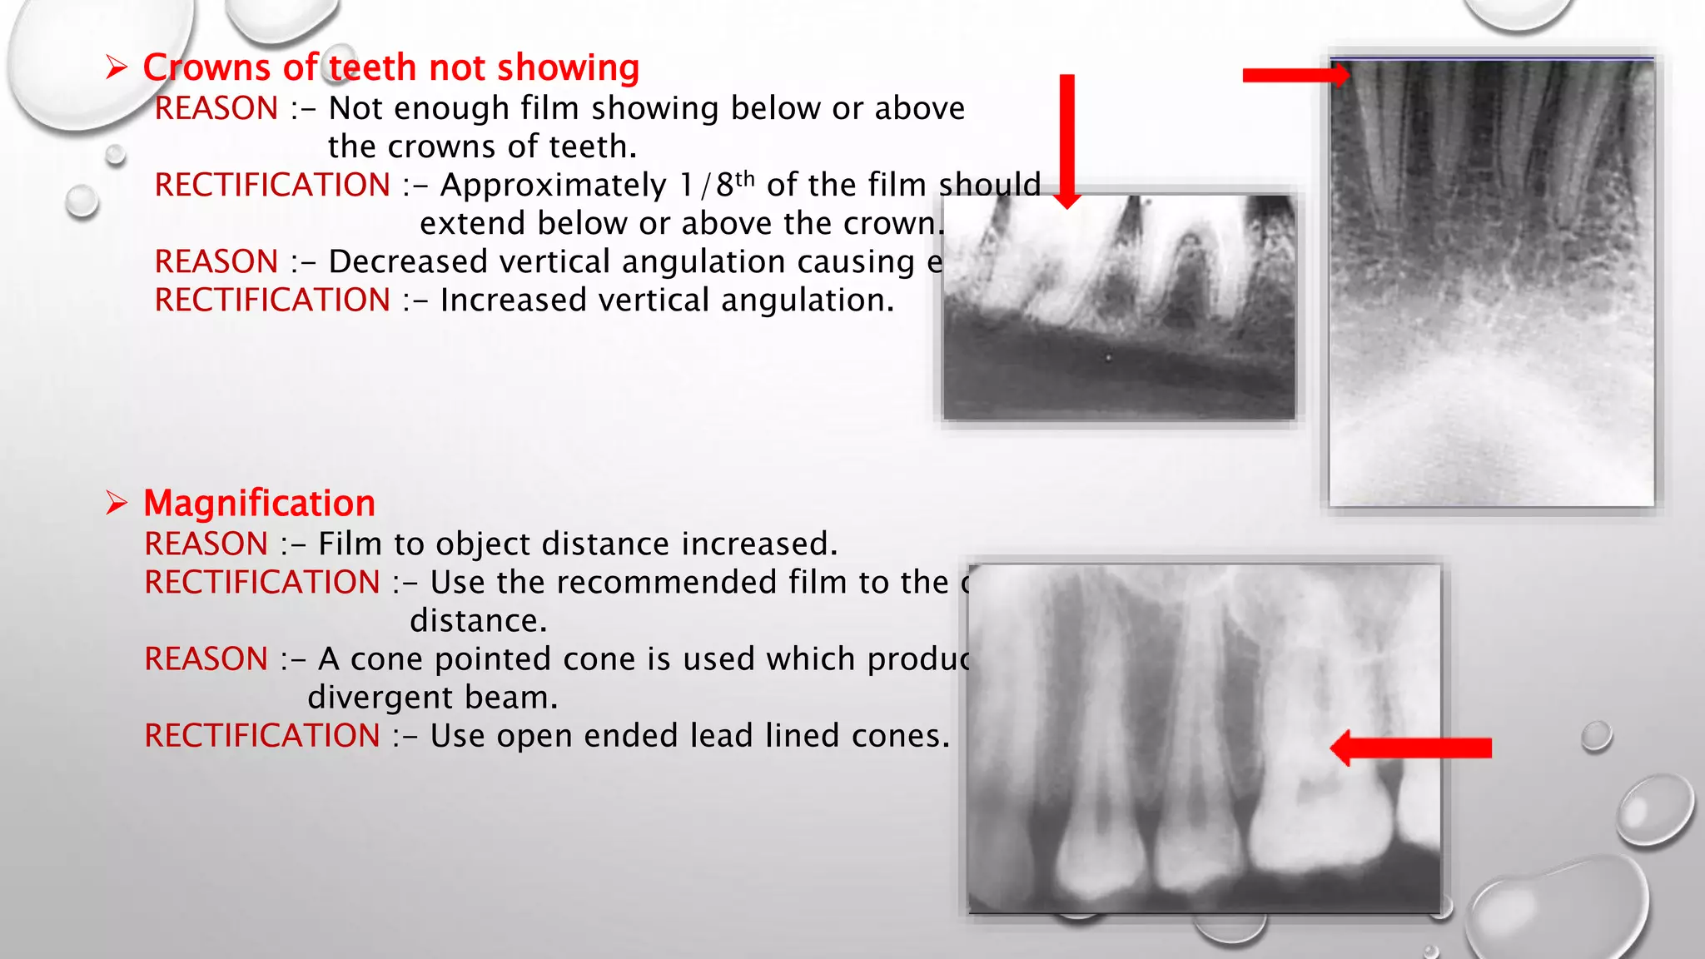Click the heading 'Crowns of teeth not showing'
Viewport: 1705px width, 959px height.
[390, 67]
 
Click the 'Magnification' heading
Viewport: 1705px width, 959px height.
[259, 504]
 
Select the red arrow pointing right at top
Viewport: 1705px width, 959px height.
[1295, 75]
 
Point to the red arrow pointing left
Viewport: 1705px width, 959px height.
[1410, 748]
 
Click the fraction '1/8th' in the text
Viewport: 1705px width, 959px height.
[717, 184]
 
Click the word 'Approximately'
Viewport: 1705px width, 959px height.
[553, 185]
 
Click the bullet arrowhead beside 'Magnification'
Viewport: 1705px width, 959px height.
[117, 503]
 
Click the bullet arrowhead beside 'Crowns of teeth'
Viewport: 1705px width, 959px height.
[117, 67]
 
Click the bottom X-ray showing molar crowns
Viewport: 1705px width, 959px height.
[1205, 738]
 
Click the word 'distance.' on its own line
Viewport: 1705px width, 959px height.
[478, 621]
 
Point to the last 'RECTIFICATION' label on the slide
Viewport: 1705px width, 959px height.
[262, 736]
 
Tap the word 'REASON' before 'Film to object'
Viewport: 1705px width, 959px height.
[206, 544]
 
